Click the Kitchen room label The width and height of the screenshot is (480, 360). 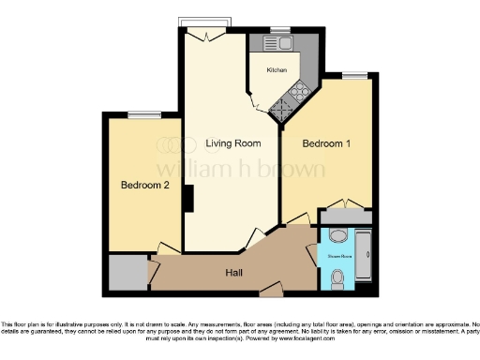(x=277, y=70)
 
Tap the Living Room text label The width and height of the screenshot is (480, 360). (x=233, y=142)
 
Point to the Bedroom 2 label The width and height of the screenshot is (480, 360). (x=145, y=185)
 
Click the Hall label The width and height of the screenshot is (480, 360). (x=235, y=272)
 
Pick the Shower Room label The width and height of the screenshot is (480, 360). (x=338, y=254)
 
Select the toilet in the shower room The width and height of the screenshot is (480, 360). (x=338, y=276)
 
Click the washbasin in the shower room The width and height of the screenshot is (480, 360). (x=337, y=234)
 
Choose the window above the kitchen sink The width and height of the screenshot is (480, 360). (x=278, y=29)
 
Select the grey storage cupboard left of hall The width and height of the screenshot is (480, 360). (x=127, y=273)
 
